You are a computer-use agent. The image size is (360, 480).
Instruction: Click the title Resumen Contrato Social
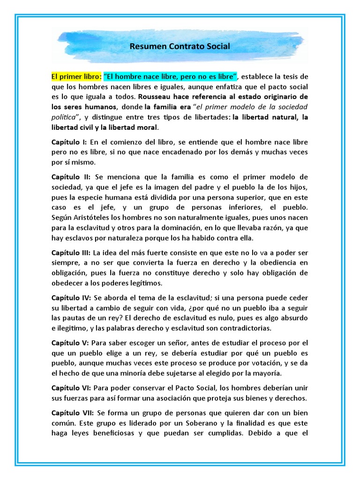pyautogui.click(x=180, y=47)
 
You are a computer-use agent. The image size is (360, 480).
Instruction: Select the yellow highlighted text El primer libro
pyautogui.click(x=75, y=76)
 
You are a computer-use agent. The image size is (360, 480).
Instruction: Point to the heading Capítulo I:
pyautogui.click(x=68, y=142)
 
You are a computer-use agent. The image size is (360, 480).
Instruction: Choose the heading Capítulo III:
pyautogui.click(x=71, y=253)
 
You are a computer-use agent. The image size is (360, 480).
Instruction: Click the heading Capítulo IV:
pyautogui.click(x=71, y=298)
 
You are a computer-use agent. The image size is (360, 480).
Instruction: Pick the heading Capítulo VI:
pyautogui.click(x=71, y=388)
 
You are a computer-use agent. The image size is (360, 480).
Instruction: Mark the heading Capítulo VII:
pyautogui.click(x=72, y=413)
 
